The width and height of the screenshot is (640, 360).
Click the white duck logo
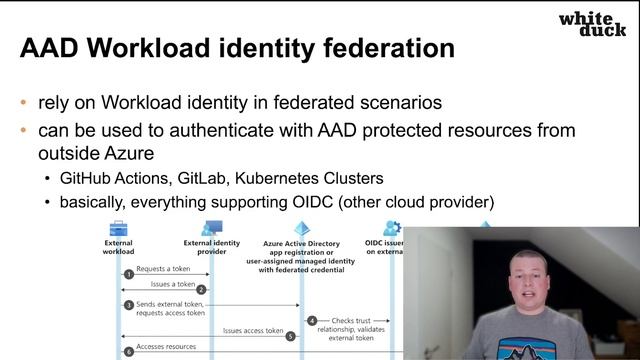tap(592, 24)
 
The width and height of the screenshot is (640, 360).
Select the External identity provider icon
tap(211, 229)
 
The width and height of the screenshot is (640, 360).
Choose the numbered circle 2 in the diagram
tap(202, 289)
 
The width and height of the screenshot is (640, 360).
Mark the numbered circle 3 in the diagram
tap(128, 304)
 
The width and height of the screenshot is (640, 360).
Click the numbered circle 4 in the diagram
tap(312, 321)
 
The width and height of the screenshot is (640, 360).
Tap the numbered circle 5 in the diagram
tap(291, 336)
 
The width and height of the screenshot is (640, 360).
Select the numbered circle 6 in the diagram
tap(128, 351)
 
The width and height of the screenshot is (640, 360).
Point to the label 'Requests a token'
tap(164, 269)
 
